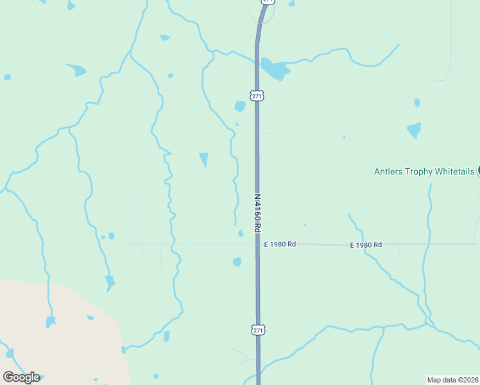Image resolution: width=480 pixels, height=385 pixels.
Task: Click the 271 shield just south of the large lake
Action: click(257, 96)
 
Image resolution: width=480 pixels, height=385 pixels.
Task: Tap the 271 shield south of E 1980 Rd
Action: click(257, 329)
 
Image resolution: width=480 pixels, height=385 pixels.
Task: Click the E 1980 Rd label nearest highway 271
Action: click(280, 244)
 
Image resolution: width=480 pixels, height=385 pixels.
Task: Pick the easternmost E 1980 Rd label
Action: click(366, 244)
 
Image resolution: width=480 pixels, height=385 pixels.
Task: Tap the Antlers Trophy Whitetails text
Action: click(424, 171)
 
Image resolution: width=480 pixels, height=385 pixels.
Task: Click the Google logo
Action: click(21, 377)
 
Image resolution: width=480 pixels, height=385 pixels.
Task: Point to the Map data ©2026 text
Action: click(452, 379)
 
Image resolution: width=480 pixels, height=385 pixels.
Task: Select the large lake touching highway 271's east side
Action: click(275, 69)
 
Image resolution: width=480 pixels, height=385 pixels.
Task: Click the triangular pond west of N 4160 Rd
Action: click(204, 158)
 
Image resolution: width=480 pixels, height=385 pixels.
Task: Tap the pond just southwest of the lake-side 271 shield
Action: click(240, 106)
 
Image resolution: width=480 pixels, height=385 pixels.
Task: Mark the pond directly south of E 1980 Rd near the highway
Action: click(237, 262)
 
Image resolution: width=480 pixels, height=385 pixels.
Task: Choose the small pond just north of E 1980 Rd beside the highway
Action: click(241, 234)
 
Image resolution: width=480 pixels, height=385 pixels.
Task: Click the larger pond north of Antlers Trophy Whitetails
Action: click(415, 130)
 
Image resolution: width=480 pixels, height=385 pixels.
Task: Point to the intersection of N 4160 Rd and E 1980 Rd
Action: click(257, 244)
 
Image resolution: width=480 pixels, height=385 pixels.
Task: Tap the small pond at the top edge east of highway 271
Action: click(292, 4)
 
